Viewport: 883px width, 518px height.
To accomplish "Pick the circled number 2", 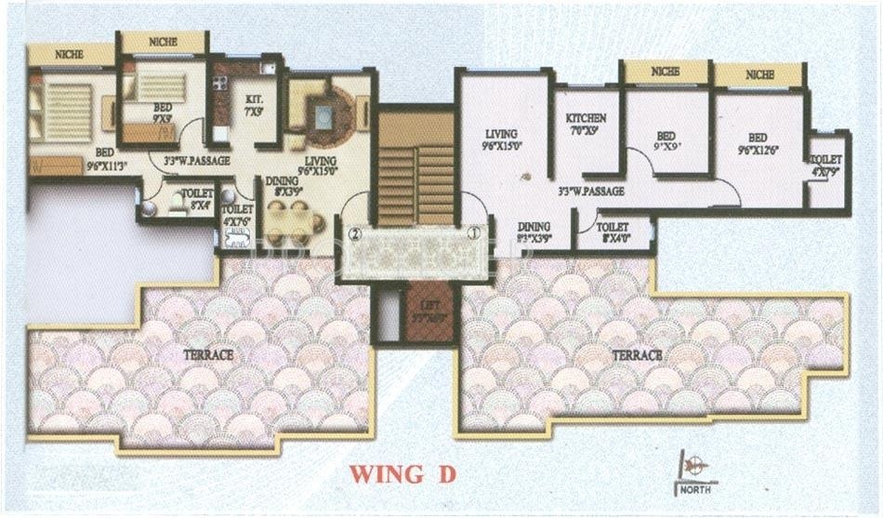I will coord(353,234).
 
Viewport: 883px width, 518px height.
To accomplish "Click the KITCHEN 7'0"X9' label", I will coord(586,124).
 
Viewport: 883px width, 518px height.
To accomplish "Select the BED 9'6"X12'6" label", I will coord(757,141).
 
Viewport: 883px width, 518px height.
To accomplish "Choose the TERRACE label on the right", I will coord(637,354).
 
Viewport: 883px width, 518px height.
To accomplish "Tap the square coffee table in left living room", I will coord(323,115).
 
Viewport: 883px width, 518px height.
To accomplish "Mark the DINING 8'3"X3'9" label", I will coord(534,232).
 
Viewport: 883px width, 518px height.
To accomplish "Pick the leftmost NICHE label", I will coord(69,55).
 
